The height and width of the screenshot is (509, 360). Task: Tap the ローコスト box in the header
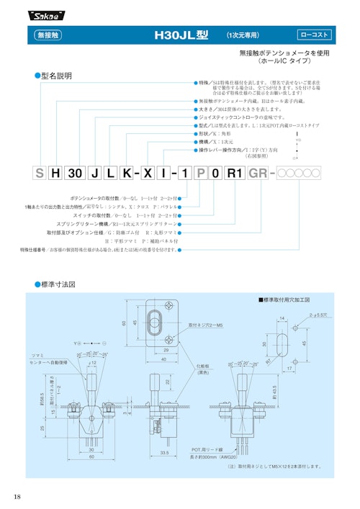coord(314,35)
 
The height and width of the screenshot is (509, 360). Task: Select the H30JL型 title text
coord(181,35)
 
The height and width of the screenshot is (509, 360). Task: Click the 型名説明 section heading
coord(56,76)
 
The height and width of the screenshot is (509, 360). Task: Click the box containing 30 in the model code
coord(73,174)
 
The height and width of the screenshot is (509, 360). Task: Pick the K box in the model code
coord(126,174)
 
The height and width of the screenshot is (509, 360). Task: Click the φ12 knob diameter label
coord(92,363)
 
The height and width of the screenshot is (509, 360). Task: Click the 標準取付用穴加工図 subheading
coord(285,299)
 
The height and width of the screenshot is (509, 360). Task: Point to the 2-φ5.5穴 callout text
coord(318,315)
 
